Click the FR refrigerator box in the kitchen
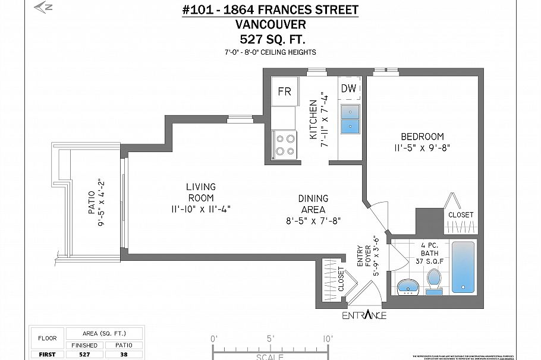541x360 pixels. click(x=285, y=91)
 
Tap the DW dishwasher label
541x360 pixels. click(x=349, y=89)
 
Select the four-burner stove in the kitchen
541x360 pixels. click(x=285, y=144)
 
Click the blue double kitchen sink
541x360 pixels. click(x=349, y=118)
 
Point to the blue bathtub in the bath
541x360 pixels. click(x=463, y=267)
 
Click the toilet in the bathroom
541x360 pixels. click(x=434, y=280)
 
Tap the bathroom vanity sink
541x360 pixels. click(x=408, y=287)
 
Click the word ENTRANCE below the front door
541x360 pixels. click(x=364, y=315)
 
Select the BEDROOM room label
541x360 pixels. click(x=423, y=136)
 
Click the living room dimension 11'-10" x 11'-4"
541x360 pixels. click(x=200, y=209)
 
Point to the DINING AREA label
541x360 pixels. click(x=313, y=204)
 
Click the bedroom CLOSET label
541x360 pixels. click(x=461, y=214)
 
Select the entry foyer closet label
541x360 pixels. click(x=341, y=278)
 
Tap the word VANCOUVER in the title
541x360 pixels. click(x=270, y=24)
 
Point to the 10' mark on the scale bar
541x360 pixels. click(x=328, y=339)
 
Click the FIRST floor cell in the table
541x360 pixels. click(x=47, y=355)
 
